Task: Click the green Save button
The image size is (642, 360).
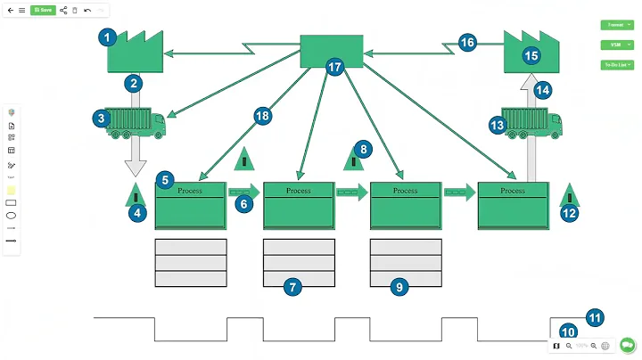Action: (x=42, y=10)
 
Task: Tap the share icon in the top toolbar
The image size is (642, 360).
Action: (x=63, y=10)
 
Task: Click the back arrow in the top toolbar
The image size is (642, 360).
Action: (x=10, y=10)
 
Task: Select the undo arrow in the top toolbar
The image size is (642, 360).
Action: (x=87, y=10)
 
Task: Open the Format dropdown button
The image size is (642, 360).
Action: (x=616, y=25)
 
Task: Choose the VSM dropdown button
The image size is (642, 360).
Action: (x=616, y=44)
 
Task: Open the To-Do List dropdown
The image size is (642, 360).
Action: (x=616, y=64)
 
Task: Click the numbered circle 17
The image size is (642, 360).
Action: (x=335, y=68)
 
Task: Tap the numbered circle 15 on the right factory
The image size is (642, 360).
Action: (x=531, y=56)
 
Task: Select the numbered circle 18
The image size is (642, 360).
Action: (x=261, y=116)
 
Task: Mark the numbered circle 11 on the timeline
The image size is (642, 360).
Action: (x=594, y=315)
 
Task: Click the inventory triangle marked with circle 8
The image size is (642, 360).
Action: (x=356, y=160)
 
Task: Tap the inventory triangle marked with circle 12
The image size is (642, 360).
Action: (x=570, y=195)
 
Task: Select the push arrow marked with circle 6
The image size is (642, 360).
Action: (x=244, y=191)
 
